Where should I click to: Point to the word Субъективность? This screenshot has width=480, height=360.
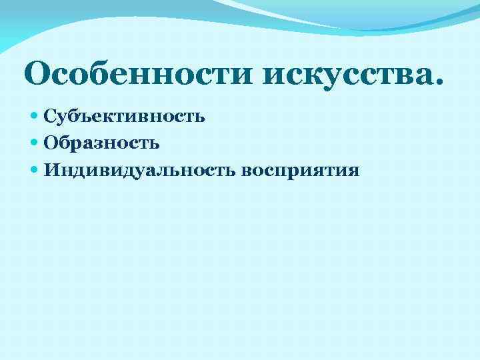[124, 117]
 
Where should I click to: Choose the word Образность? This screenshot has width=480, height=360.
[101, 143]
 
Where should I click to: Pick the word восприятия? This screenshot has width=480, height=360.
[301, 171]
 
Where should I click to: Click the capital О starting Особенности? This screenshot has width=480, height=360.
[39, 75]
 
